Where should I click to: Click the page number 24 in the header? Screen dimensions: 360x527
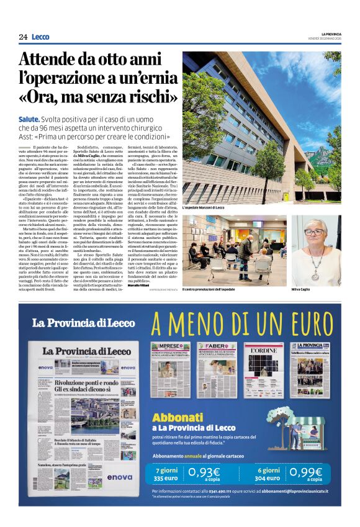pos(23,37)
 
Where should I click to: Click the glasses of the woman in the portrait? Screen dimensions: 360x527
pos(315,233)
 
